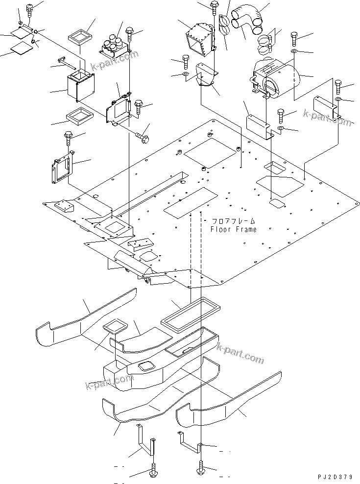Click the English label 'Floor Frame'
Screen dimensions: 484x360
coord(233,229)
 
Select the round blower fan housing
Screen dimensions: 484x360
coord(274,78)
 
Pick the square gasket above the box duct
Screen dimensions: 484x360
coord(81,35)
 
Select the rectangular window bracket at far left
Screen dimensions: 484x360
coord(61,168)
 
